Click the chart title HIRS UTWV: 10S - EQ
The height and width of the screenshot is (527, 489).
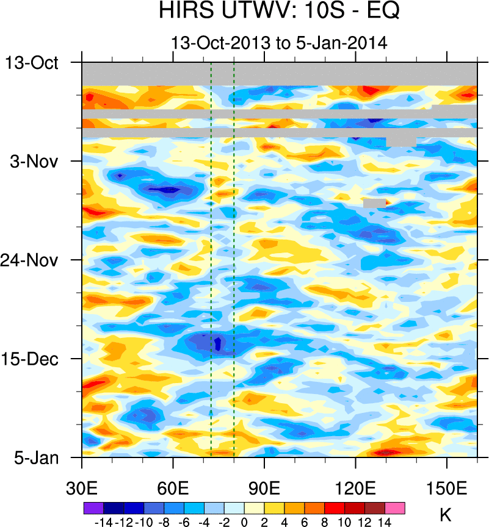(x=279, y=12)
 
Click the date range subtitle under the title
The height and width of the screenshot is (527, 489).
(x=279, y=43)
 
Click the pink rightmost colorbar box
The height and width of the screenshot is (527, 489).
(x=395, y=507)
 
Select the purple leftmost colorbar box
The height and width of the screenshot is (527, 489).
(x=93, y=507)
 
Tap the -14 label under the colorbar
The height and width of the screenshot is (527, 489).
(x=104, y=522)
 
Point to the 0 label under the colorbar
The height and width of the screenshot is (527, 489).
(x=244, y=522)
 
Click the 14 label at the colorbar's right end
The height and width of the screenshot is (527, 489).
(x=385, y=522)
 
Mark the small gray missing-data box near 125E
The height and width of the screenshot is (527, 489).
(x=374, y=203)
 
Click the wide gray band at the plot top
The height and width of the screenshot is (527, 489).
(x=279, y=74)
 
